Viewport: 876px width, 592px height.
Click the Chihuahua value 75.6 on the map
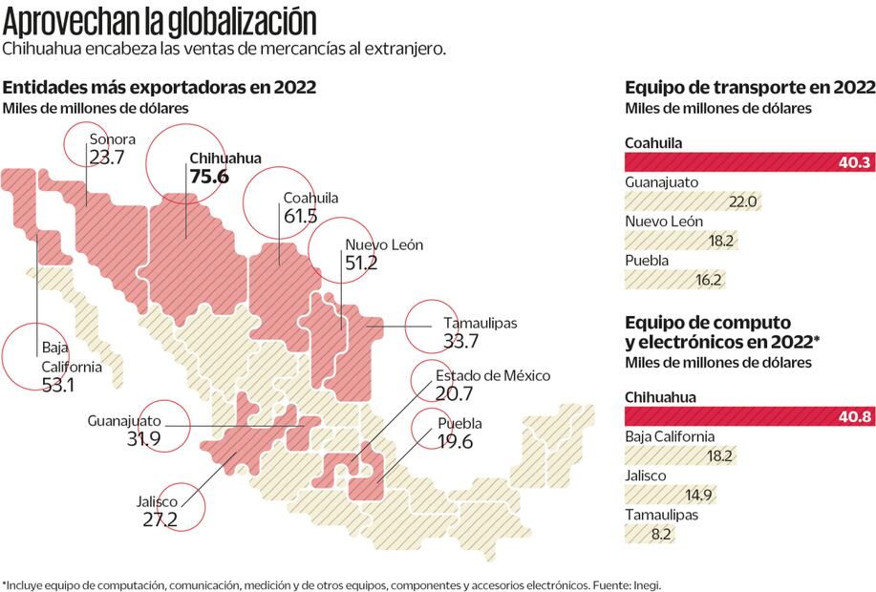(x=209, y=177)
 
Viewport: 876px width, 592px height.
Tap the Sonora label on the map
(x=112, y=139)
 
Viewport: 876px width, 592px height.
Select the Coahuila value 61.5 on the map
(x=300, y=216)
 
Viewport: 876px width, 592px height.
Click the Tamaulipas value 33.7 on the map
(x=460, y=341)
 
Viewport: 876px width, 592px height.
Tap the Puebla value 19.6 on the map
(x=455, y=441)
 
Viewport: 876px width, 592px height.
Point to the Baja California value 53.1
(x=58, y=385)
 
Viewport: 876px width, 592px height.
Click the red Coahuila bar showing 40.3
(x=749, y=162)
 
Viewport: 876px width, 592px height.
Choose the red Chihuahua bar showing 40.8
(x=749, y=416)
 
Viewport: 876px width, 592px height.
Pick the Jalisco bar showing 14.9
(x=670, y=495)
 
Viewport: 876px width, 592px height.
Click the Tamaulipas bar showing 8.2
(x=650, y=534)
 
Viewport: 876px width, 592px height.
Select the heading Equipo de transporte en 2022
(x=749, y=87)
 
